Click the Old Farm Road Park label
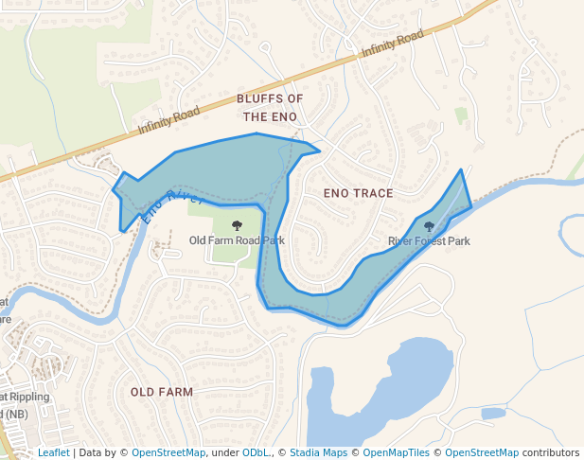[237, 240]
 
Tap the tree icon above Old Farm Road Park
[237, 225]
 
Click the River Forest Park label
[429, 241]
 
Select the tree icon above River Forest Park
[430, 226]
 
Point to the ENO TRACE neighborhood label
[358, 193]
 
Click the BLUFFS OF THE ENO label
[270, 108]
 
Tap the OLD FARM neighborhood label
[162, 392]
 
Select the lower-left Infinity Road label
[168, 120]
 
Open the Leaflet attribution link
[53, 453]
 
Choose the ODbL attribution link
[256, 453]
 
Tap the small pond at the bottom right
[492, 414]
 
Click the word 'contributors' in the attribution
[551, 453]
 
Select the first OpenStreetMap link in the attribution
[168, 453]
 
